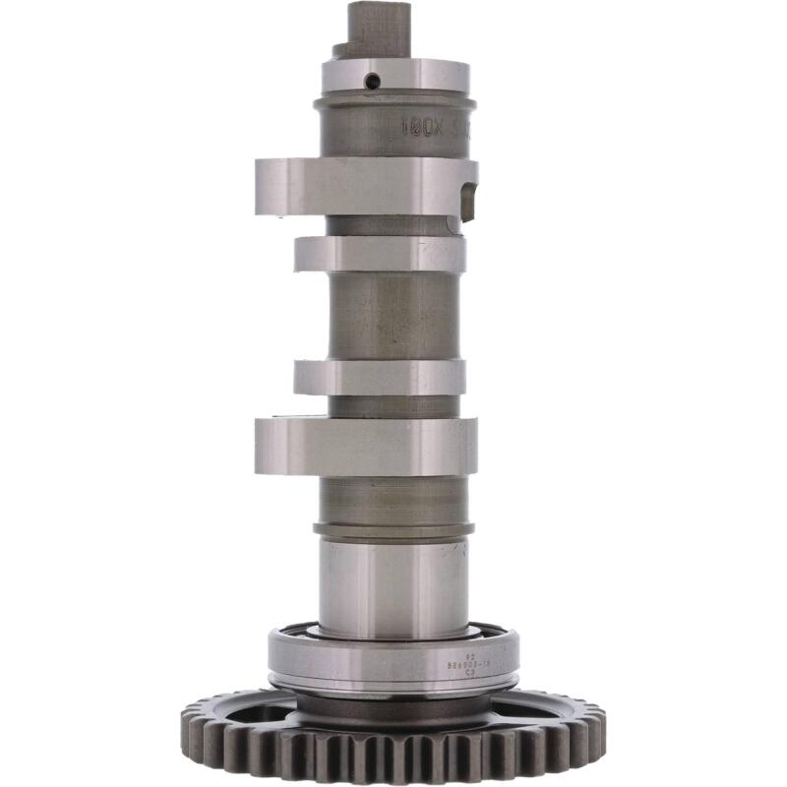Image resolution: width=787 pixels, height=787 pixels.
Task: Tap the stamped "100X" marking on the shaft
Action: pyautogui.click(x=419, y=127)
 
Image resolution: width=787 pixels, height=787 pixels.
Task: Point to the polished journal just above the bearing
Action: pyautogui.click(x=393, y=585)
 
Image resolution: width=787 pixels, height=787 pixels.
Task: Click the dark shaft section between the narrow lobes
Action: pyautogui.click(x=393, y=315)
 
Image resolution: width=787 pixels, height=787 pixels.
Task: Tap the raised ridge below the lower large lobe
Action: pyautogui.click(x=393, y=530)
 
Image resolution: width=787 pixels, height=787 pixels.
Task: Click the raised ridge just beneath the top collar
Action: pyautogui.click(x=393, y=102)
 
